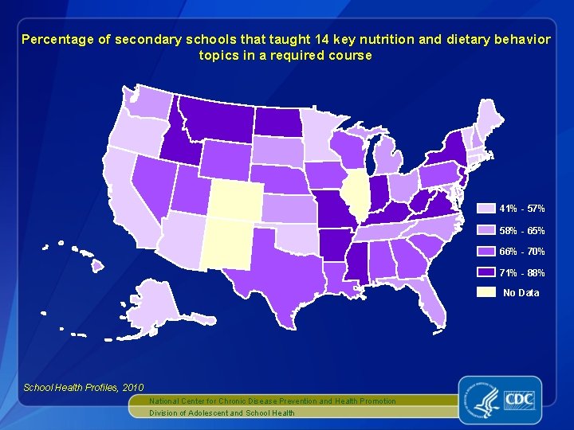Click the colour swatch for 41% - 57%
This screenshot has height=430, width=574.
tap(486, 209)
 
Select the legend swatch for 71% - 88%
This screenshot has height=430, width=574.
tap(486, 272)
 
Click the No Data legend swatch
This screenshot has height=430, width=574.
tap(486, 292)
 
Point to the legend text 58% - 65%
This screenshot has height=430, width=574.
tap(522, 230)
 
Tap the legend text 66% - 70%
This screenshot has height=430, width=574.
tap(522, 252)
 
